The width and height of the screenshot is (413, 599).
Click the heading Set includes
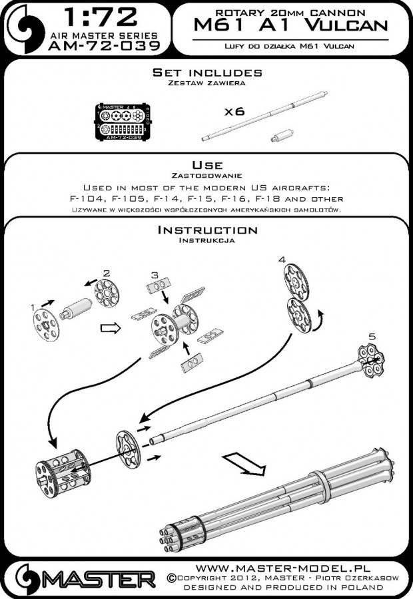pos(207,73)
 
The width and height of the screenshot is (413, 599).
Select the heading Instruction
pos(206,230)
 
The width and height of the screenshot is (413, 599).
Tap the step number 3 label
pos(154,274)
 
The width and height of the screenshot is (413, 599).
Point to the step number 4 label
pos(282,258)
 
